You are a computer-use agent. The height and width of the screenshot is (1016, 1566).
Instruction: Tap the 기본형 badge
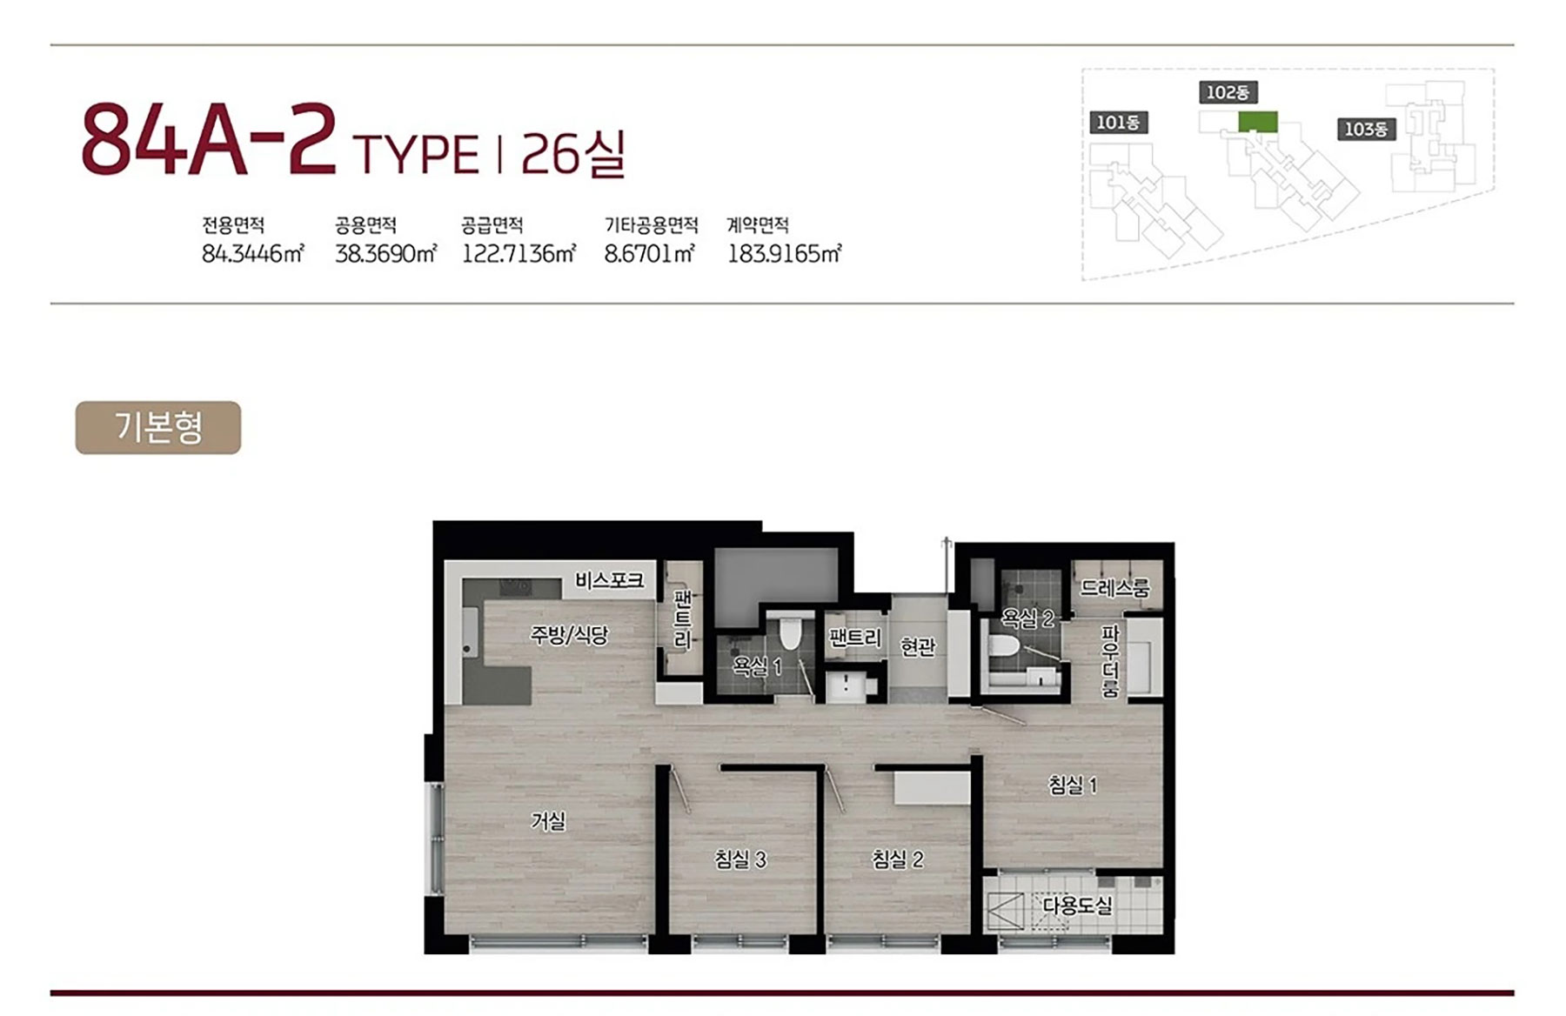158,427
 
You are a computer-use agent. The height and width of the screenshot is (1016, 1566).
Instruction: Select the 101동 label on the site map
1118,123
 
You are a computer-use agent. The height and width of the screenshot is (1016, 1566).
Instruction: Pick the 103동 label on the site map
1366,130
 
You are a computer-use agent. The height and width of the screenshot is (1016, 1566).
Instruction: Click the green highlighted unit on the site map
1258,122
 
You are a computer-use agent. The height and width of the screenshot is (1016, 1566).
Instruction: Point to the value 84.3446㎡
252,254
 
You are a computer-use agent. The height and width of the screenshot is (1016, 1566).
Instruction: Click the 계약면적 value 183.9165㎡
784,254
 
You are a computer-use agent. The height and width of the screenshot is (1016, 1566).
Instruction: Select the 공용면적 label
365,226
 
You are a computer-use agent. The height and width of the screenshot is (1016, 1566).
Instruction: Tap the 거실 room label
548,820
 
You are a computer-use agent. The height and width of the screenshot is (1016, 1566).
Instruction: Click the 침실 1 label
1073,785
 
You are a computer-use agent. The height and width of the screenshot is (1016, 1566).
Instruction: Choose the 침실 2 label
897,859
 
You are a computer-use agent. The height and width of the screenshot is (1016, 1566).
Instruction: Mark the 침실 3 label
740,859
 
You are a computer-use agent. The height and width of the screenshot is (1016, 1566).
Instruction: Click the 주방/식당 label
569,635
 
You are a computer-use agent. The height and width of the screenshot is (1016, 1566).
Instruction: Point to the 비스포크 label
609,580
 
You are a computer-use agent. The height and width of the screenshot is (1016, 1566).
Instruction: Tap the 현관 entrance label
918,646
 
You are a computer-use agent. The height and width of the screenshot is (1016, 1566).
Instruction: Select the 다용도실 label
1077,906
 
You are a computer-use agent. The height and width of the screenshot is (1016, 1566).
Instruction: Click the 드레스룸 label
1114,587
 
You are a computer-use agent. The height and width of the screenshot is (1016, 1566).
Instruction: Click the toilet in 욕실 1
789,632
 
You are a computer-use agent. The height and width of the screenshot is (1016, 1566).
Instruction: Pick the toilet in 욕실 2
1006,648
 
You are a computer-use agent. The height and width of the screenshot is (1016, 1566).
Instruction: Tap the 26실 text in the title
573,154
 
